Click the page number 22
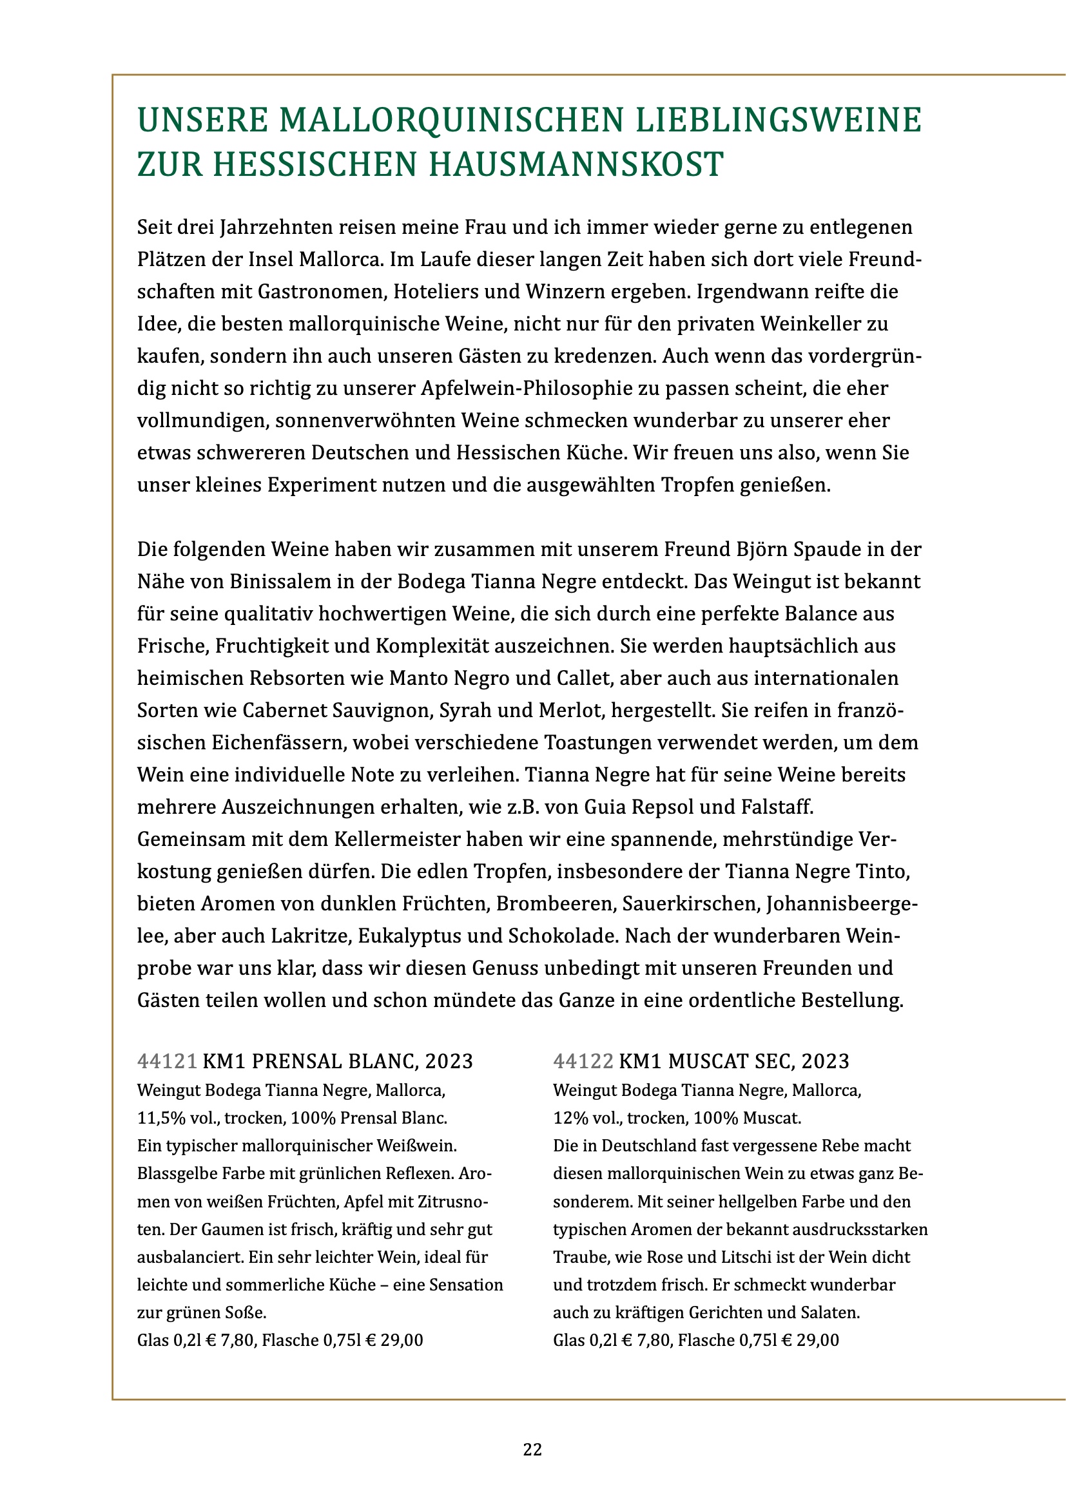(532, 1449)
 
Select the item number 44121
(167, 1061)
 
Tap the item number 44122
(583, 1061)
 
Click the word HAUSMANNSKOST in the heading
(576, 164)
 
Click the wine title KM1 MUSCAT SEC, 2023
(734, 1061)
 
